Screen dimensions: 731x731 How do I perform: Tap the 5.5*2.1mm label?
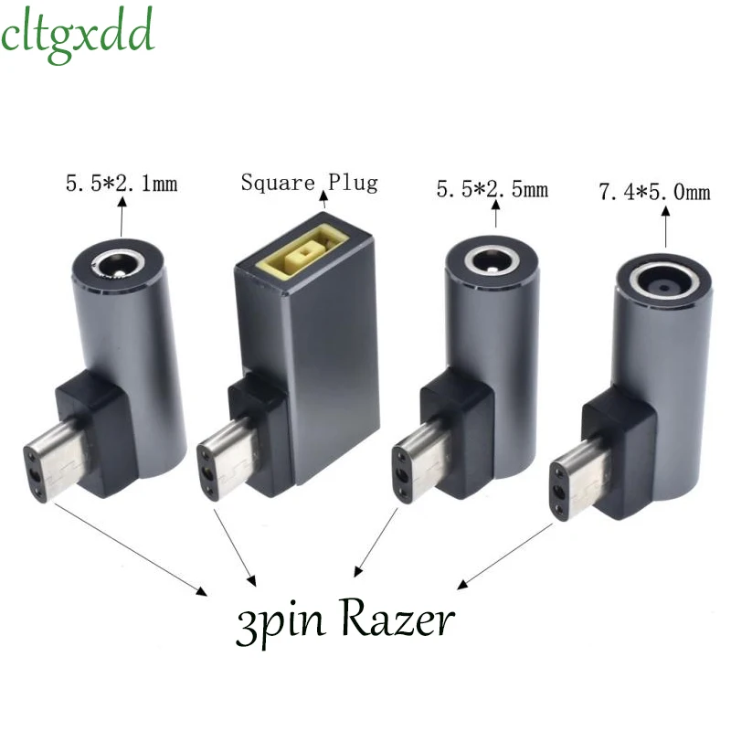coord(121,185)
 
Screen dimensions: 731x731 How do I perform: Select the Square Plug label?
coord(308,182)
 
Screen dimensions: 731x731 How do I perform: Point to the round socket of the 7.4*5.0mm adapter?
coord(663,281)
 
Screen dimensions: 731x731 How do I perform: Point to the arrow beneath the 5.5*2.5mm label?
coord(494,214)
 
